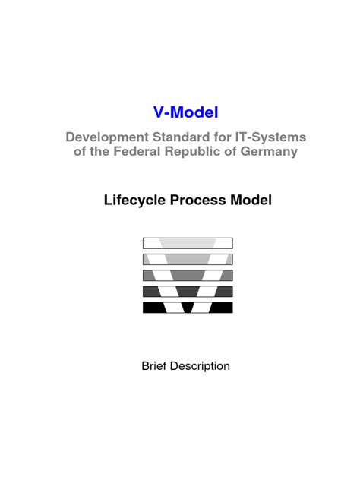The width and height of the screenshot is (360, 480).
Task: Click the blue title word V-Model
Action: click(x=185, y=113)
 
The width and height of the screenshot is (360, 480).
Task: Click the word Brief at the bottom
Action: click(x=154, y=366)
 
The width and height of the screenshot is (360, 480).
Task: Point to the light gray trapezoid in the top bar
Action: click(x=188, y=243)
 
